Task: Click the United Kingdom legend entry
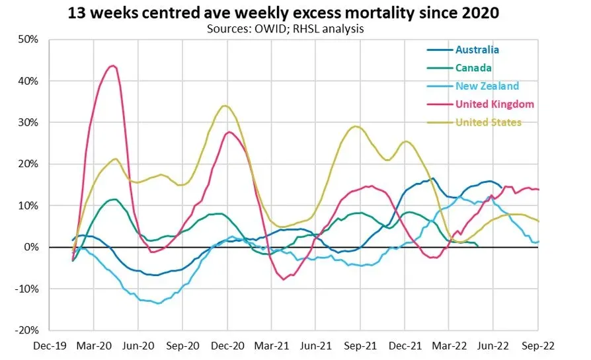coord(494,104)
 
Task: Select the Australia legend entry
coord(477,50)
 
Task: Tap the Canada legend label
coord(473,67)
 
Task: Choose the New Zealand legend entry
coord(487,86)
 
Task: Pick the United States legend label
coord(489,122)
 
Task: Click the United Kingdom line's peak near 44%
coord(113,65)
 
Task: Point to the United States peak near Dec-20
coord(225,106)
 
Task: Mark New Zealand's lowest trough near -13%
coord(157,303)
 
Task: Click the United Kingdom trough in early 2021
coord(284,279)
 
